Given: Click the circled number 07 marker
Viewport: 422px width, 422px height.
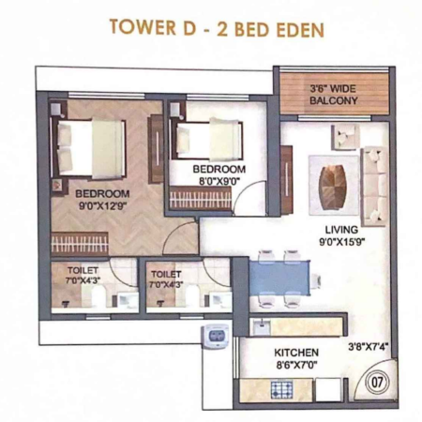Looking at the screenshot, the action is click(x=378, y=382).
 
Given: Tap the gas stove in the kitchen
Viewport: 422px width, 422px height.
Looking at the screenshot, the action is click(x=281, y=390).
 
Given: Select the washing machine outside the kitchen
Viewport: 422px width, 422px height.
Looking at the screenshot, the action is click(x=215, y=336).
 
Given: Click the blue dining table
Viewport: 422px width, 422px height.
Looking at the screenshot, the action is click(x=279, y=278).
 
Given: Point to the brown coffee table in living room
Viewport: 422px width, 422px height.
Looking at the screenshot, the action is click(x=333, y=188).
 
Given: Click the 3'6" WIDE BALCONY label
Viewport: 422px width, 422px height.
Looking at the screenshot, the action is click(x=333, y=95).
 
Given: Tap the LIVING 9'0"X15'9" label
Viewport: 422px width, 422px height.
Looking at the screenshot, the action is click(x=341, y=235).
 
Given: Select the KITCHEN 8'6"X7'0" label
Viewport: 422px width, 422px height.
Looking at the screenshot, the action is click(x=296, y=358).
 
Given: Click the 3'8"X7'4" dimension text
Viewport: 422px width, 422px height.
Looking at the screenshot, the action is click(x=369, y=347).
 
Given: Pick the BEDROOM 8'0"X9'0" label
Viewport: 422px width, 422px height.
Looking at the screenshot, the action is click(x=219, y=175).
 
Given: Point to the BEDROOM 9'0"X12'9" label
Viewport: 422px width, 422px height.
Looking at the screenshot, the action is click(x=102, y=200).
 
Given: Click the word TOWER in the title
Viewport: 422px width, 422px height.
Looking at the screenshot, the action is click(x=143, y=27).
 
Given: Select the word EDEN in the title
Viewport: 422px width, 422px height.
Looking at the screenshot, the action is click(x=300, y=30).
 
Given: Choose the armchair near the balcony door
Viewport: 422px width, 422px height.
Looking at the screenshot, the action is click(x=345, y=137).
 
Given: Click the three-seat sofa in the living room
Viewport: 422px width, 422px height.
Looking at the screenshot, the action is click(x=375, y=186).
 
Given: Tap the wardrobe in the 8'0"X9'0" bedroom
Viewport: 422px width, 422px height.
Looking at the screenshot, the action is click(x=201, y=198).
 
